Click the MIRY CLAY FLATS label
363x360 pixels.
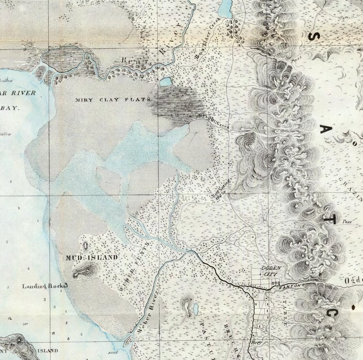coord(113,100)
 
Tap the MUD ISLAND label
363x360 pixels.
coord(92,258)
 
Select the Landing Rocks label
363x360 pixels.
coord(45,286)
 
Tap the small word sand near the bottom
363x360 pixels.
coord(113,352)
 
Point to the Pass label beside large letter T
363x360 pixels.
coord(347,222)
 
